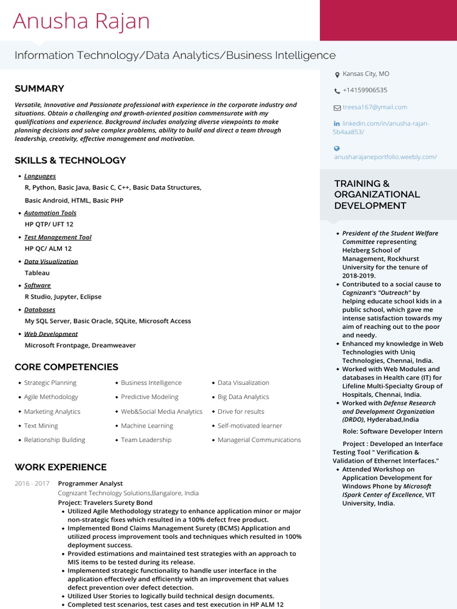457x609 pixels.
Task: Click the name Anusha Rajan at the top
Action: coord(82,21)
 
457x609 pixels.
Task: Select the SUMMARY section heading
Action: coord(39,89)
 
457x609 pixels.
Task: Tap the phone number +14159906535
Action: coord(364,90)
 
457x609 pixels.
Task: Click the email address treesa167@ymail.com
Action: coord(374,107)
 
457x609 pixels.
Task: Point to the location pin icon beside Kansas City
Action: coord(337,74)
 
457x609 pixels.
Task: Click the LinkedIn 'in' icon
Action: coord(337,124)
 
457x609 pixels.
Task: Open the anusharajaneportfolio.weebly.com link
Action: coord(385,157)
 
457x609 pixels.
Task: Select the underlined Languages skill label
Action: coord(40,176)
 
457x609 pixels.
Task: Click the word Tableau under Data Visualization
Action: coord(37,273)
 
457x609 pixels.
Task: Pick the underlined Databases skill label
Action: coord(39,310)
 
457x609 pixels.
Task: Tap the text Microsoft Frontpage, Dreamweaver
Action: coord(80,346)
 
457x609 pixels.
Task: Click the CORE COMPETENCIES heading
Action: coord(66,367)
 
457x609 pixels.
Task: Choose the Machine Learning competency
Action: coord(147,426)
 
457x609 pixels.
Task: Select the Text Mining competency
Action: coord(41,426)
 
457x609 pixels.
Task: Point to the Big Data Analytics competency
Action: coord(243,397)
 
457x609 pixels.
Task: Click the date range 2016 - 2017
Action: coord(32,484)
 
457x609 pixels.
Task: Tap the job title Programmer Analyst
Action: coord(90,484)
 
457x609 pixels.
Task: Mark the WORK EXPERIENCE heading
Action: coord(61,467)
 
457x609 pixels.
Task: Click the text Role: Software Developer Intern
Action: coord(392,431)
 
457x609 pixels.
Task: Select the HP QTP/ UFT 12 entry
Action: coord(49,224)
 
